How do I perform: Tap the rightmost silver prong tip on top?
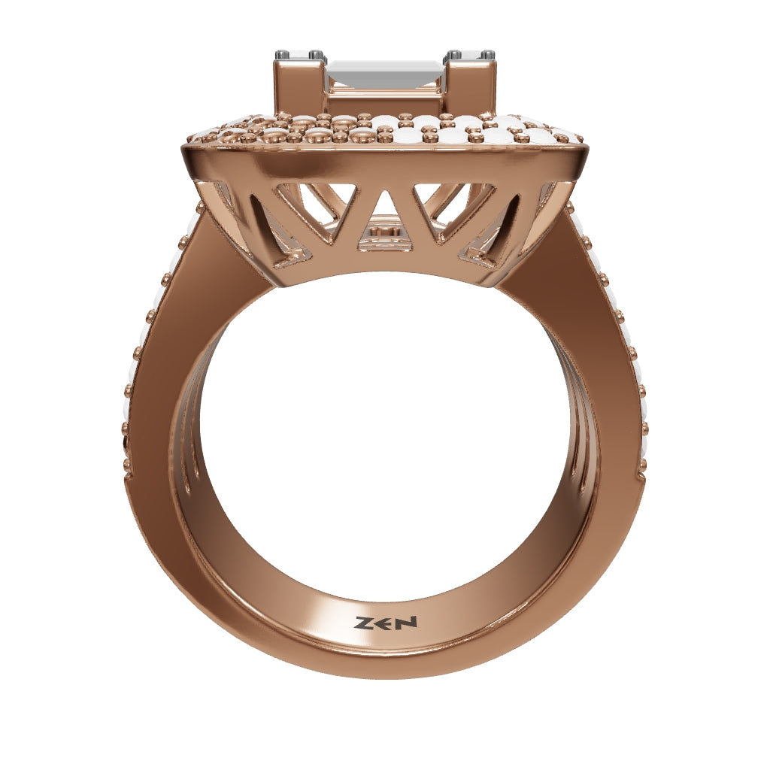tap(488, 53)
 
